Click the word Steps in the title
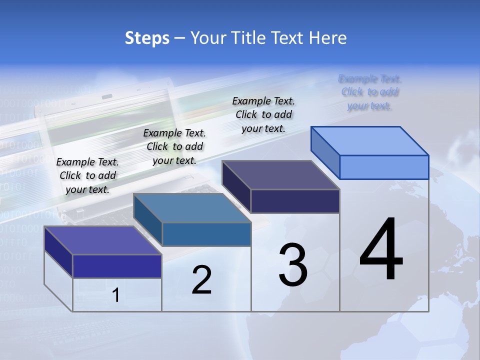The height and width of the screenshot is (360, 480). (147, 38)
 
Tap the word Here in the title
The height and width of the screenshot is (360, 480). (327, 38)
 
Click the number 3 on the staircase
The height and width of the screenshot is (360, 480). (293, 265)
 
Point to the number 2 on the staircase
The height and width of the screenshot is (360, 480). (201, 280)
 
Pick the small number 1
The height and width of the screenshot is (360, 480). (116, 295)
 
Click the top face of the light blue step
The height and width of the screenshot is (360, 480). (370, 141)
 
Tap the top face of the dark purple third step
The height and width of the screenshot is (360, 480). (281, 175)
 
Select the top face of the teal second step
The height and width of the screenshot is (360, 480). (192, 208)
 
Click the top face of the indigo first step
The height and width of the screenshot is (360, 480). (103, 240)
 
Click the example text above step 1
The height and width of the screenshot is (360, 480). (87, 175)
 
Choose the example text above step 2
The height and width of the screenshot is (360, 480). (174, 146)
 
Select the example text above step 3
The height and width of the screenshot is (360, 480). (263, 114)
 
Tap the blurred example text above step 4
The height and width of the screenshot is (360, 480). (369, 92)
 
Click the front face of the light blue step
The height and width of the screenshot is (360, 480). (384, 167)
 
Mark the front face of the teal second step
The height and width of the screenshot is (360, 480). (206, 234)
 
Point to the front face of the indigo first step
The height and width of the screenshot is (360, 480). (117, 266)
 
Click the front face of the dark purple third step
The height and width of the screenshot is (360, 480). (295, 201)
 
